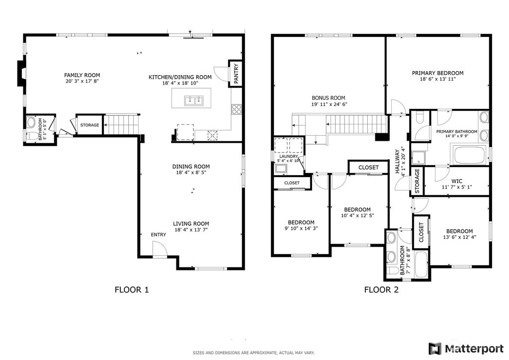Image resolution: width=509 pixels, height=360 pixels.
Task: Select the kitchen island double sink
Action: click(x=194, y=101)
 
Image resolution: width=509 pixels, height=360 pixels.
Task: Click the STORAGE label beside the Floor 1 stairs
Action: click(x=89, y=125)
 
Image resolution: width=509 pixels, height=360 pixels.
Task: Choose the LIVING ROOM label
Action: click(x=191, y=224)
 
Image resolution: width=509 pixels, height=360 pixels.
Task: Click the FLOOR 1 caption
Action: click(x=132, y=290)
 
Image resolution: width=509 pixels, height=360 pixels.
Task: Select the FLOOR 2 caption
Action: click(x=381, y=290)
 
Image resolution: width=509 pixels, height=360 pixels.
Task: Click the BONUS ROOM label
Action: click(x=328, y=98)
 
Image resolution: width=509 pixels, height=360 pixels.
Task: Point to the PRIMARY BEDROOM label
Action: click(x=437, y=73)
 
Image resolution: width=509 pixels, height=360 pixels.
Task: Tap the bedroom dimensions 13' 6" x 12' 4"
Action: click(x=459, y=238)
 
